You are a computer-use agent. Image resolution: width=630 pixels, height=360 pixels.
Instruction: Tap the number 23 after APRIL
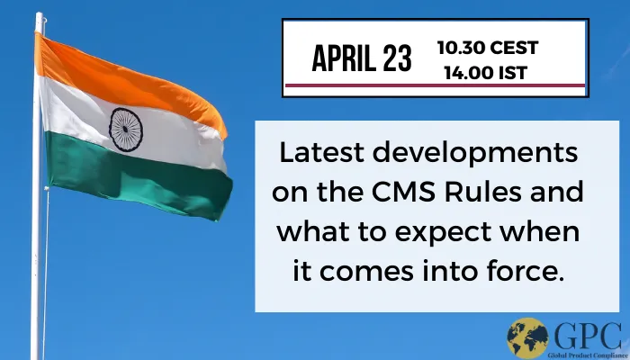(x=395, y=59)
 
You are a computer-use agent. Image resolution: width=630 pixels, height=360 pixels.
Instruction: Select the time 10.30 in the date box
(x=459, y=47)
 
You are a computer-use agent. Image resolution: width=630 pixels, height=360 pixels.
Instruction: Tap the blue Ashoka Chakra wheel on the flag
(x=125, y=129)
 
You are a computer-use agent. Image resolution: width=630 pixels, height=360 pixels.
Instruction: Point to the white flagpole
(x=37, y=225)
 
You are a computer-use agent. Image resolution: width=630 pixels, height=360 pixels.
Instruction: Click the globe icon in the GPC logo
(x=527, y=339)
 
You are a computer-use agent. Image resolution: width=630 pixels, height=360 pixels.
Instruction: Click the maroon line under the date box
(x=435, y=86)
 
